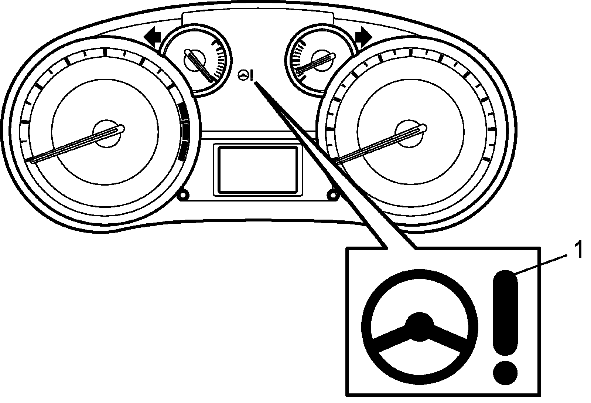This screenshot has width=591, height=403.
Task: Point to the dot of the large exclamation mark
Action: click(x=505, y=369)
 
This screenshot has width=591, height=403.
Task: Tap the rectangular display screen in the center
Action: click(x=258, y=169)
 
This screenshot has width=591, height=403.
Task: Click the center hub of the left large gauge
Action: click(x=107, y=133)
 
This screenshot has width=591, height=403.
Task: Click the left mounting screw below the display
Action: click(x=182, y=195)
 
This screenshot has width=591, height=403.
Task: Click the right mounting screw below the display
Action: click(x=333, y=194)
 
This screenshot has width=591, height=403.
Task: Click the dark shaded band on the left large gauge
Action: click(x=182, y=131)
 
